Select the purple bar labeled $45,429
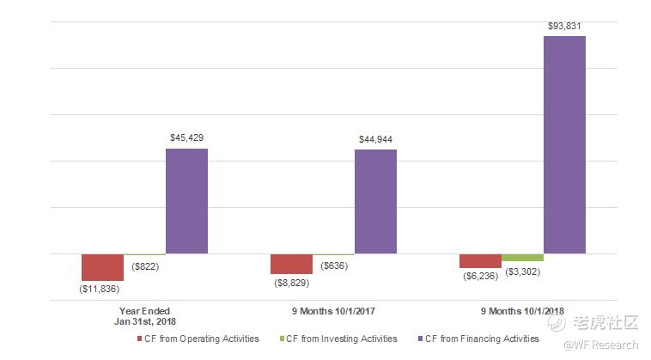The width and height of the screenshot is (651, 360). coord(186,201)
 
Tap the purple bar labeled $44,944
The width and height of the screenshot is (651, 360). coord(375,202)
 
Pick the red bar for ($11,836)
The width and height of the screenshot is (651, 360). coord(103,267)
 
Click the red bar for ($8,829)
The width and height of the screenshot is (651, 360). coord(291,264)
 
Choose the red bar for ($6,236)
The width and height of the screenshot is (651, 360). coord(480,261)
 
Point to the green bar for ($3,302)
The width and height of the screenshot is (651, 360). coord(522,258)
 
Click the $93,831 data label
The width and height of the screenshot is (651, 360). coord(564,26)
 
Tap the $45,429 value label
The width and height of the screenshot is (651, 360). coord(186,137)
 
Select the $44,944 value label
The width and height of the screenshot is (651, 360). coord(375,139)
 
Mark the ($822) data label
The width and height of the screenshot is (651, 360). coord(145,266)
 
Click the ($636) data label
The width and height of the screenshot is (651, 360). coord(333,265)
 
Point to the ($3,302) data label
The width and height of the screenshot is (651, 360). coord(522,272)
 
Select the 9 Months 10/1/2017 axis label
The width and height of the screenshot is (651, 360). coord(333,310)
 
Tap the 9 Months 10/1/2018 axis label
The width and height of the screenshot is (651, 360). coord(522,310)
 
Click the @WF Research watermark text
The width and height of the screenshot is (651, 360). coord(605,345)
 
